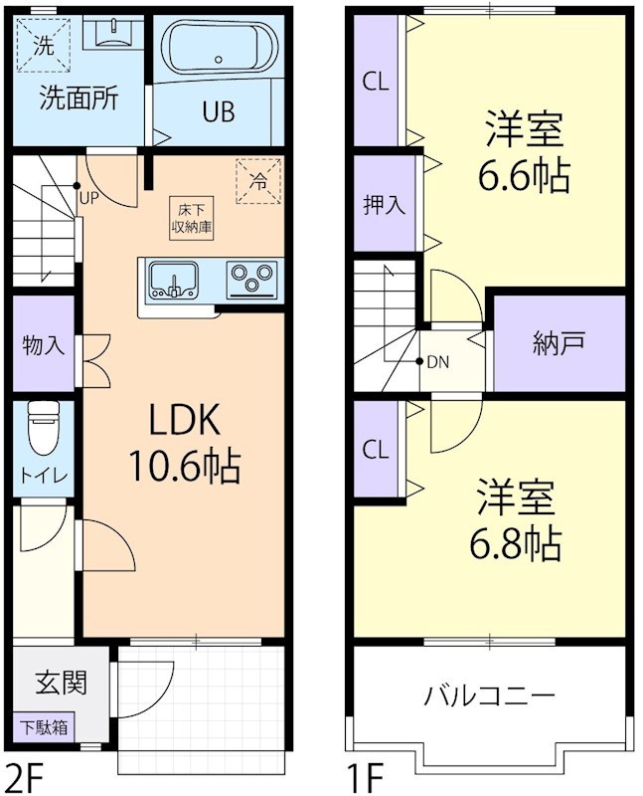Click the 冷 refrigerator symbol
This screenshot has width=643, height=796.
(256, 181)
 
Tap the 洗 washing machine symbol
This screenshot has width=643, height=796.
(46, 44)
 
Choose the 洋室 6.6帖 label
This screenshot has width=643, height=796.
(524, 154)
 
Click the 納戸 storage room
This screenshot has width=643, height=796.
(558, 343)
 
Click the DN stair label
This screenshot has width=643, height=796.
(437, 362)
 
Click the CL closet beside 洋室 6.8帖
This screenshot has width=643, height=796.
(375, 450)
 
